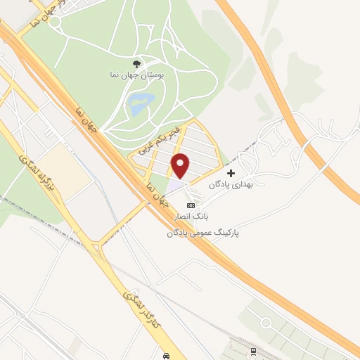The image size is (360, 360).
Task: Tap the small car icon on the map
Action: [166, 355]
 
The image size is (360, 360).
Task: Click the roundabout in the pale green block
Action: [265, 323]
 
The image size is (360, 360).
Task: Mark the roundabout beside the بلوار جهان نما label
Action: [54, 22]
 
